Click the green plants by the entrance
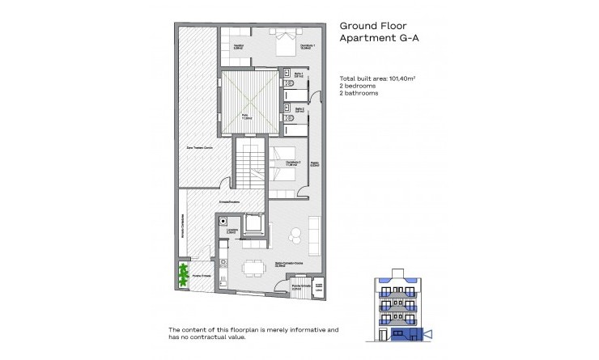point(184,274)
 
